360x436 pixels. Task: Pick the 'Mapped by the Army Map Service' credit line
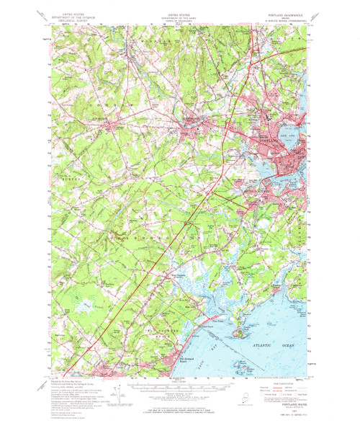point(65,383)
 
